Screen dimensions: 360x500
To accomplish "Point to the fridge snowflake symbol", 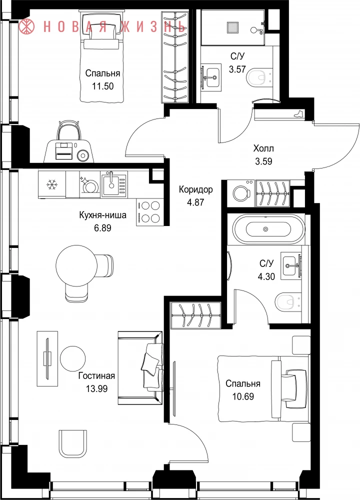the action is [x=51, y=184].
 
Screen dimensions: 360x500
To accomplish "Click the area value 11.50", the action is [x=102, y=86].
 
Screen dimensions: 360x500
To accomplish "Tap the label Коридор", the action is [x=195, y=189].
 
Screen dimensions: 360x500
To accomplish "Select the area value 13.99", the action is [x=96, y=388].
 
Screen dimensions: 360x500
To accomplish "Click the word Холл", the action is [x=263, y=148].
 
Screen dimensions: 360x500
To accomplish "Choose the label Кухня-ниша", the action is [x=102, y=215].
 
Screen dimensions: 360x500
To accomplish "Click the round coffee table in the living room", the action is [x=73, y=358].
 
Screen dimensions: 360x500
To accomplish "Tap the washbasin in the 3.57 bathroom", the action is [x=211, y=75].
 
